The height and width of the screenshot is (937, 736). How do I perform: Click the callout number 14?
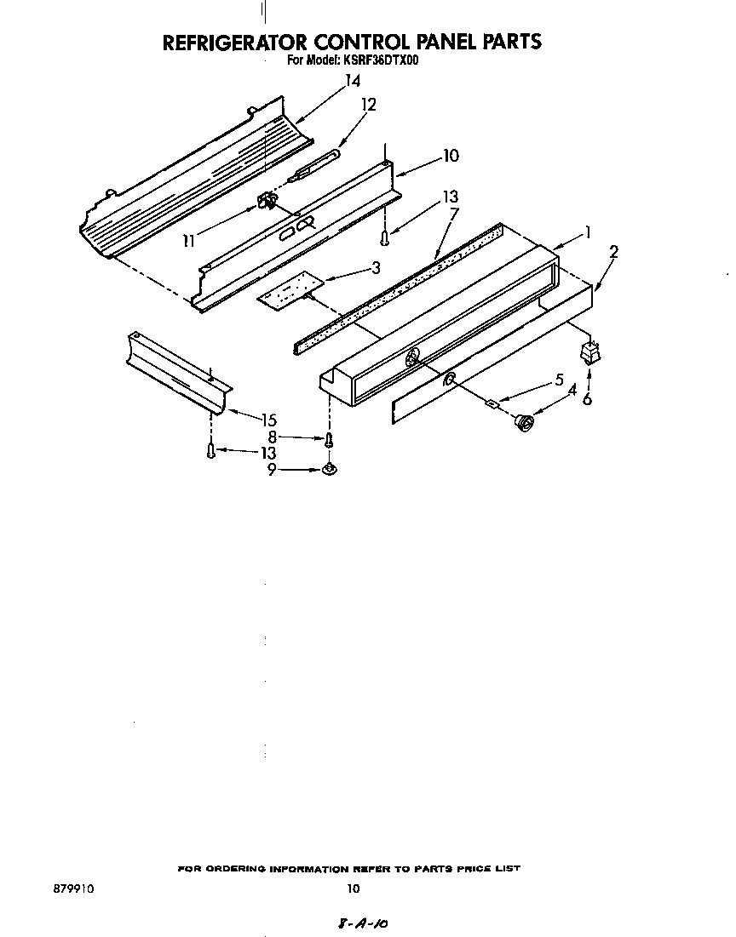(353, 82)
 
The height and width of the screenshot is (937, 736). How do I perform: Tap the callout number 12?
(368, 105)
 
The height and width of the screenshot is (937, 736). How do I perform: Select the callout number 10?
(450, 155)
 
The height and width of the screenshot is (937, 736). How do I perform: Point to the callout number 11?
(189, 241)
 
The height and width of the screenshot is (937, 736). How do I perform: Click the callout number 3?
(375, 269)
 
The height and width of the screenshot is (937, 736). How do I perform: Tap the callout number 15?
(269, 420)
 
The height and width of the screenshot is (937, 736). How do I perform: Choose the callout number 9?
(272, 469)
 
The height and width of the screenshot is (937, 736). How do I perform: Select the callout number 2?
(614, 252)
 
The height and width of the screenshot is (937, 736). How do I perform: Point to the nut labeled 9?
(329, 469)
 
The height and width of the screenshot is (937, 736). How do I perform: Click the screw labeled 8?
(330, 439)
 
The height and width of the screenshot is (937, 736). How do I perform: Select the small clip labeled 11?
(265, 202)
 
